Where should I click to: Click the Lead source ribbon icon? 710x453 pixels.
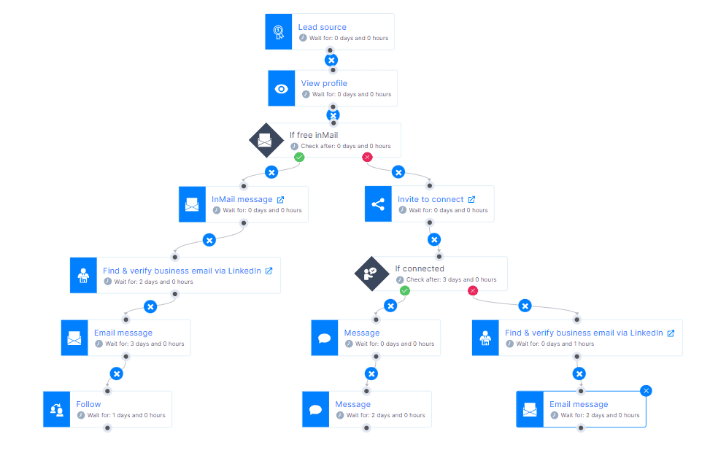coord(279,31)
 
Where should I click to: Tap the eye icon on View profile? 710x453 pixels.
coord(281,89)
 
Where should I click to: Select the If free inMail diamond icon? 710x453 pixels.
coord(266,140)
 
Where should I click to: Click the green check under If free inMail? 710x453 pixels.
coord(299,157)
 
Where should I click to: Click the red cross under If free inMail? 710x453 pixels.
coord(367,157)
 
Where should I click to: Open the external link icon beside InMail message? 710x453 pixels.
coord(281,200)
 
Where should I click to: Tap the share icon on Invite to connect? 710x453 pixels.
coord(378,204)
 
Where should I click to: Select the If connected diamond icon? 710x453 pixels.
coord(371,274)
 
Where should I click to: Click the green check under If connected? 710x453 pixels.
coord(405,290)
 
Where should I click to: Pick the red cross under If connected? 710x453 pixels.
coord(473,290)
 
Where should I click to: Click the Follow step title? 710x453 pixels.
coord(88,404)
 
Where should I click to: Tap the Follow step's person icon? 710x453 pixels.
coord(57,409)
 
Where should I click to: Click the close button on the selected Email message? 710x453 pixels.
coord(647,390)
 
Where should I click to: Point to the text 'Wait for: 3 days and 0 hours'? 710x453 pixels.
coord(144,344)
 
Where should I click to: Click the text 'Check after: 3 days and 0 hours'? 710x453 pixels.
coord(451,279)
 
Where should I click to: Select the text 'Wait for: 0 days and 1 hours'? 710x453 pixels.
coord(555,344)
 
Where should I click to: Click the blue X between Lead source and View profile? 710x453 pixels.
coord(331,61)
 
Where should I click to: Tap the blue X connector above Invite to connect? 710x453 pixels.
coord(398,172)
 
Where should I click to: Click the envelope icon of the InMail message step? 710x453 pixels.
coord(192,204)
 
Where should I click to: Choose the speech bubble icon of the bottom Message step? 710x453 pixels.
coord(316,409)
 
